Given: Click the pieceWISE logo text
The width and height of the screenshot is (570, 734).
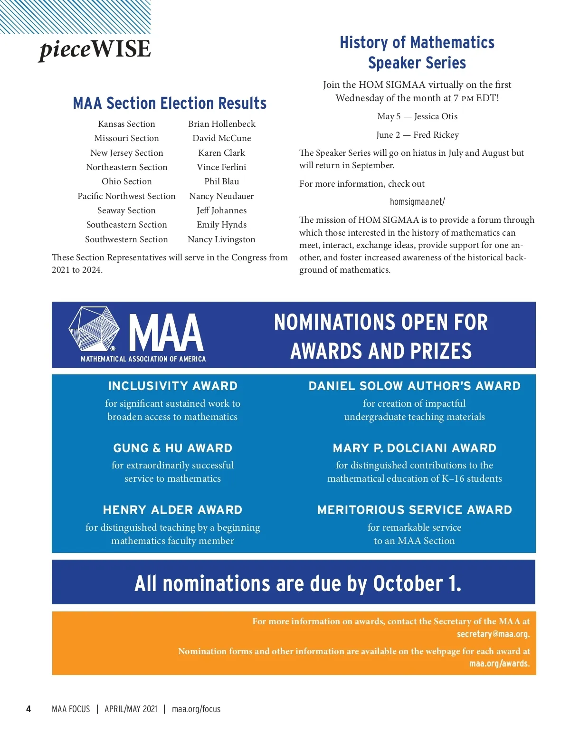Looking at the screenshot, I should coord(95,49).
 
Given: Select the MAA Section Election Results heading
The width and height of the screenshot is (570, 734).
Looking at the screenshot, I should coord(170,103).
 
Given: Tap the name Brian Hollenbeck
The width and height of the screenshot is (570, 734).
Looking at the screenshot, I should coord(221,124).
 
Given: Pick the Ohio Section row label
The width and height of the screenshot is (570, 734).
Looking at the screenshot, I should coord(126,181).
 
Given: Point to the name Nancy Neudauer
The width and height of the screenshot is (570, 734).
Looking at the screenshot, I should coord(221,196).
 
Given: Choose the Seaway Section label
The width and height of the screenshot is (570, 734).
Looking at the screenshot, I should coord(126,210).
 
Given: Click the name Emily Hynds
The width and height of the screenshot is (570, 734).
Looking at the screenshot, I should coord(221,225).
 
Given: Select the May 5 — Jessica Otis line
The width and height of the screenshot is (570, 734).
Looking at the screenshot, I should coord(417,116).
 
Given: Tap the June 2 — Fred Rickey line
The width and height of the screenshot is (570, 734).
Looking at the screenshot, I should coord(417,135).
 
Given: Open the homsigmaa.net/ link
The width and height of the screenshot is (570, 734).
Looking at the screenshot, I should coord(417,202).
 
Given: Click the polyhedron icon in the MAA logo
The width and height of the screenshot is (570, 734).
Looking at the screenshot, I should coord(94,329).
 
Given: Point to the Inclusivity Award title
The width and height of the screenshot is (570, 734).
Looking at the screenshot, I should coord(172,386).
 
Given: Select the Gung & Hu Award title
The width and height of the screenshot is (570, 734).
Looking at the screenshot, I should coord(172,448).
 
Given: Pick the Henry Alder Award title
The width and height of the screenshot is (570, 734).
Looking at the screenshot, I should coord(172,510).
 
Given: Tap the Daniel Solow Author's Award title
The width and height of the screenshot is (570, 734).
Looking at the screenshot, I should coord(414,386).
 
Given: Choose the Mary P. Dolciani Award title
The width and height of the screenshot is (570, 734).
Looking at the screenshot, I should coord(414,448).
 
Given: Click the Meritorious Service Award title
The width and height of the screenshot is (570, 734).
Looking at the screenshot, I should coord(414,510).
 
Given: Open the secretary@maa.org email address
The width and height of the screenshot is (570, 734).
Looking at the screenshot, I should coord(493,634).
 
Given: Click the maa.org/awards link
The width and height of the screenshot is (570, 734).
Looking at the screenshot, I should coord(499,664).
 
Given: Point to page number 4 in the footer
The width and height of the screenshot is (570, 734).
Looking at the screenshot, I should coord(28,709).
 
